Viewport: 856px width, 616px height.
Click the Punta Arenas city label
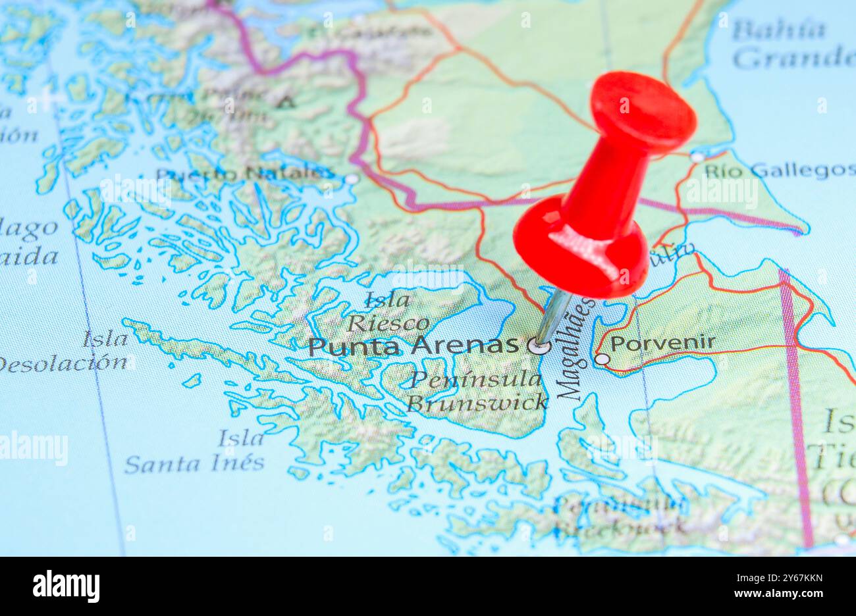pyautogui.click(x=414, y=346)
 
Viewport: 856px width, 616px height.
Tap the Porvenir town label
pyautogui.click(x=662, y=343)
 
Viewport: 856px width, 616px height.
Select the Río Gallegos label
pyautogui.click(x=779, y=171)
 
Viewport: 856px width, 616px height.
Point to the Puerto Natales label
pyautogui.click(x=245, y=174)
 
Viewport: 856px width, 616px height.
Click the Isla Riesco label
pyautogui.click(x=388, y=312)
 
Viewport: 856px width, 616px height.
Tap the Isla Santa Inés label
pyautogui.click(x=195, y=451)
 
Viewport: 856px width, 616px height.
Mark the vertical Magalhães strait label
pyautogui.click(x=575, y=349)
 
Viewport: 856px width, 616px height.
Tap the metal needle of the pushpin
pyautogui.click(x=552, y=316)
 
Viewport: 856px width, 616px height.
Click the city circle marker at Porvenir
pyautogui.click(x=602, y=359)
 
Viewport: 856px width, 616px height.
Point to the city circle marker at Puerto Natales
pyautogui.click(x=352, y=178)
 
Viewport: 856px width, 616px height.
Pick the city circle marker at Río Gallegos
pyautogui.click(x=697, y=157)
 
